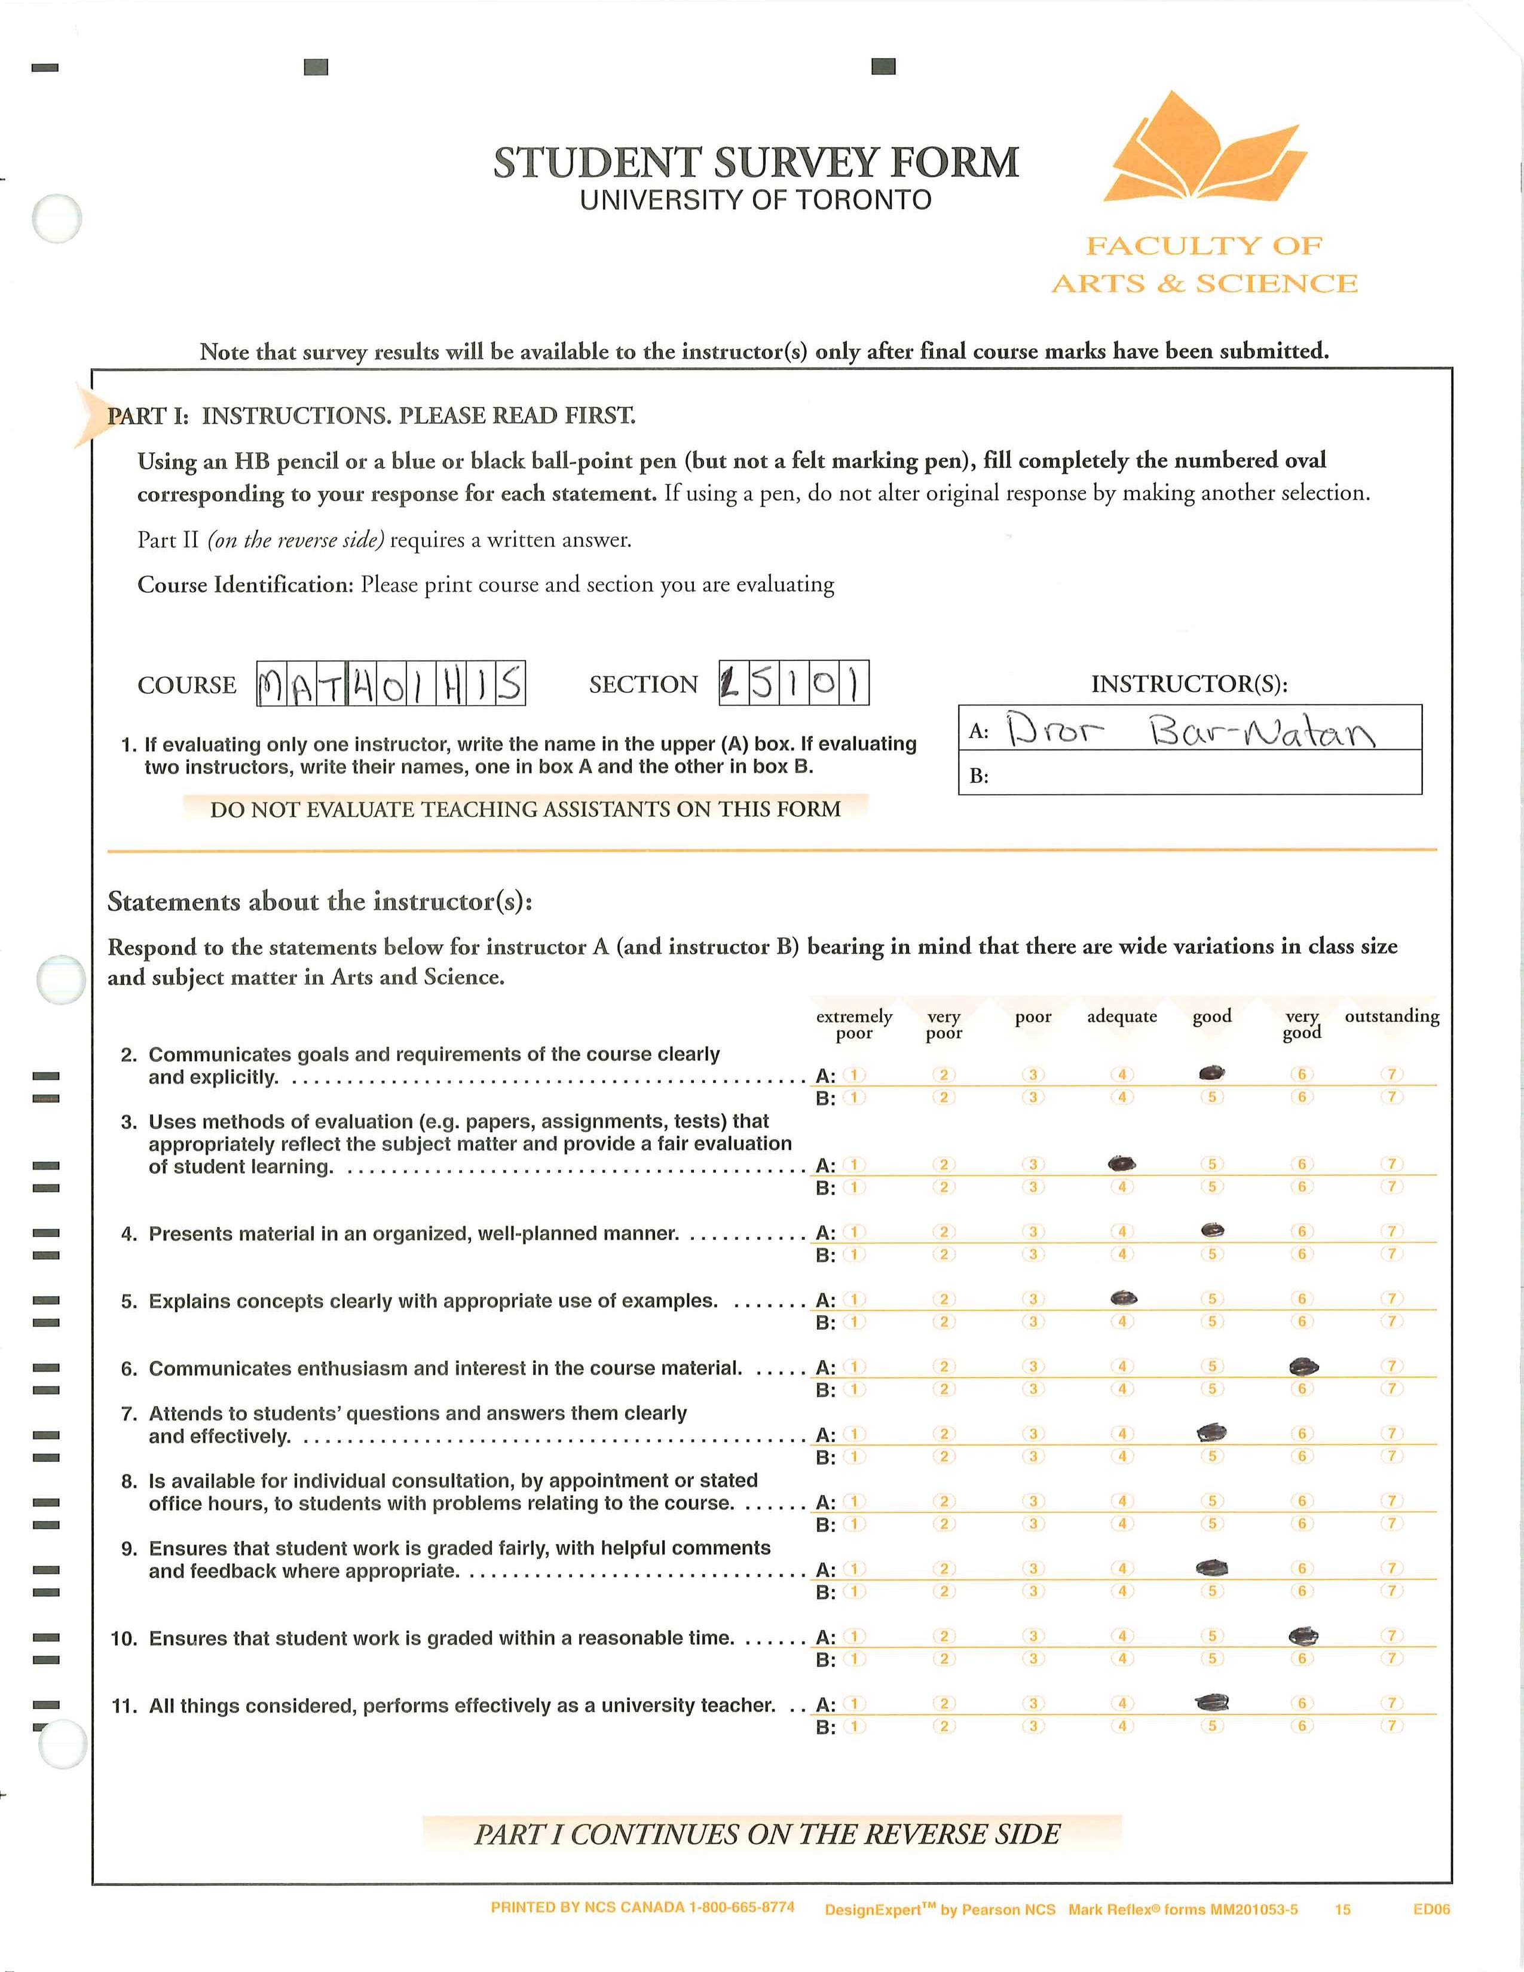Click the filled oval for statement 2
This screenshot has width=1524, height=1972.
point(1211,1073)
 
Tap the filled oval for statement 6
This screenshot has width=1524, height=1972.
point(1303,1366)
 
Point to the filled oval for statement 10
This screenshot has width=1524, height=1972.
point(1303,1635)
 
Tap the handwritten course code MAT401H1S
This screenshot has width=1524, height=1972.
point(391,684)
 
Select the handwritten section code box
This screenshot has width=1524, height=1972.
point(794,684)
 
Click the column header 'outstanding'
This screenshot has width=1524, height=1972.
point(1391,1016)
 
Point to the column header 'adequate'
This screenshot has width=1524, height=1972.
point(1121,1016)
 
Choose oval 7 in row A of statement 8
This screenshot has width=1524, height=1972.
point(1393,1501)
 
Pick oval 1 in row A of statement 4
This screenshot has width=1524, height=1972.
point(853,1232)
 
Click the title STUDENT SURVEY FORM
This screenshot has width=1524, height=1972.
point(755,163)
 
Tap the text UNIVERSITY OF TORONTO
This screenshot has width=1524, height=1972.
point(755,200)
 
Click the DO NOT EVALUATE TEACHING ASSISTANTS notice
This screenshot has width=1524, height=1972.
point(525,809)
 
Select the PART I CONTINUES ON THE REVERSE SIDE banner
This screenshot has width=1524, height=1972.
point(767,1834)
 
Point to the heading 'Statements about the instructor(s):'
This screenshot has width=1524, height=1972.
point(320,901)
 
